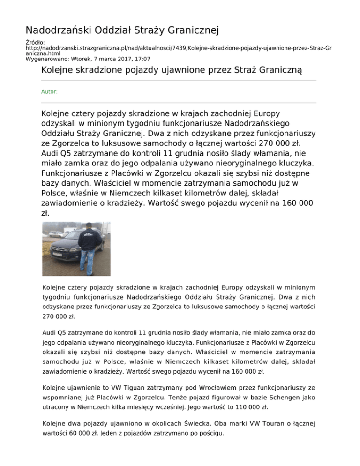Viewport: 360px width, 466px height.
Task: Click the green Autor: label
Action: coord(49,92)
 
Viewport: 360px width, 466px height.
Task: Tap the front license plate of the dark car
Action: coord(58,254)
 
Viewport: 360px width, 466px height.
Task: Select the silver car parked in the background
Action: coord(56,233)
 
